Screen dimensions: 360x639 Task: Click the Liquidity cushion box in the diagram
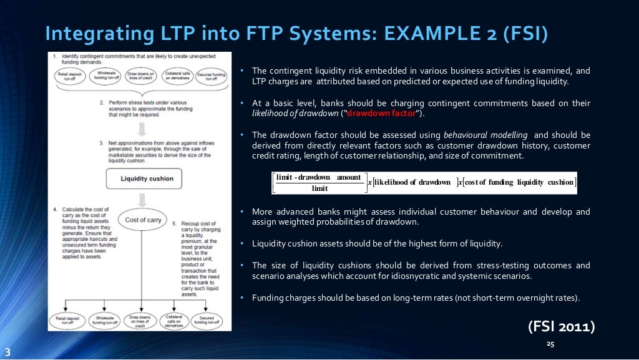[143, 178]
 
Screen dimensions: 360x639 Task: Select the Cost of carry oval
[144, 220]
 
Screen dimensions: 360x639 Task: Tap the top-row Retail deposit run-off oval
[70, 77]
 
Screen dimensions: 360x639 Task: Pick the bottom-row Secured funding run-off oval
[208, 320]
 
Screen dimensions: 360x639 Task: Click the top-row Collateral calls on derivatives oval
[177, 76]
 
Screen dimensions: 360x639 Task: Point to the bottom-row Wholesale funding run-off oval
[105, 320]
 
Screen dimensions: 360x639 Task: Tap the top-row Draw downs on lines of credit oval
[141, 76]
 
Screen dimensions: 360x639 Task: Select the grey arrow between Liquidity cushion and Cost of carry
[143, 200]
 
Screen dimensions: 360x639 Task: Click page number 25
[550, 344]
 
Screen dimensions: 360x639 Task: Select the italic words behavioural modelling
[485, 135]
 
